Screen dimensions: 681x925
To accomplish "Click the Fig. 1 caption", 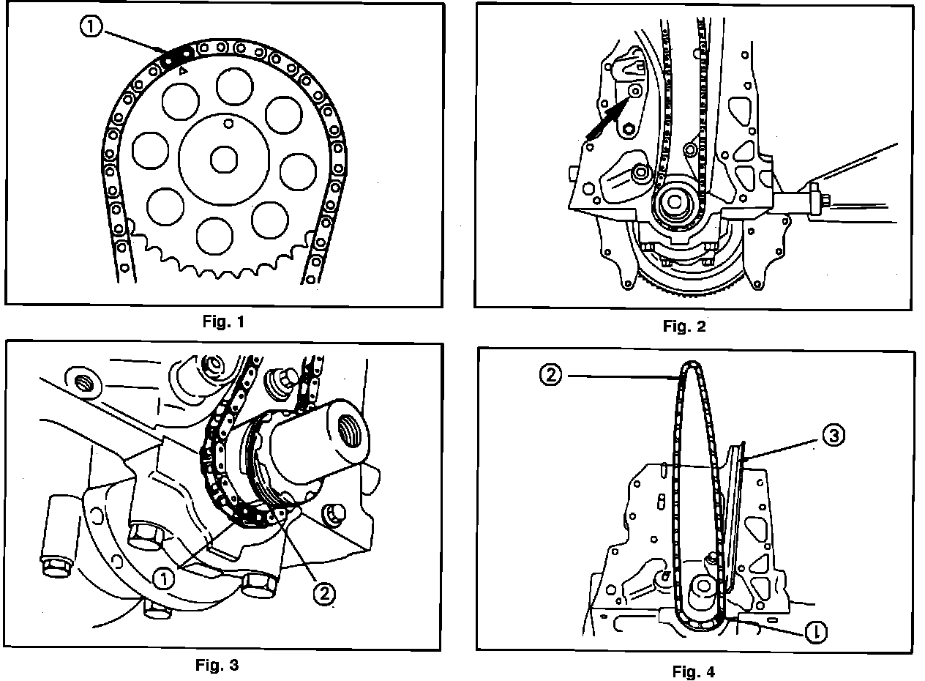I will click(224, 321).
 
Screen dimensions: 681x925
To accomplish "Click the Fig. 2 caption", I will click(684, 327).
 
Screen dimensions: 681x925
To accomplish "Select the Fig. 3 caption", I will click(217, 666).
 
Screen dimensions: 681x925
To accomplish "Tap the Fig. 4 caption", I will click(694, 670).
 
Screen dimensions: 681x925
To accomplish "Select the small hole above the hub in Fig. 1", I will click(229, 122).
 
